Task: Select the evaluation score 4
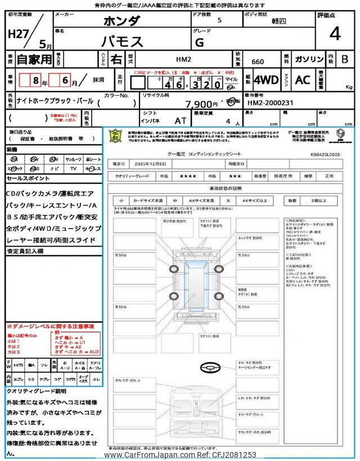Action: (x=335, y=34)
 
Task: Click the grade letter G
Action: (x=199, y=42)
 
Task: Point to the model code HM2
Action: (x=183, y=59)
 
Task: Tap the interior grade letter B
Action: (x=345, y=59)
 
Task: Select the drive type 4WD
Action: (x=266, y=80)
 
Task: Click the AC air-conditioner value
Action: (x=303, y=80)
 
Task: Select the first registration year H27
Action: (x=19, y=34)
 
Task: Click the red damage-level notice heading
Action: (x=51, y=326)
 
